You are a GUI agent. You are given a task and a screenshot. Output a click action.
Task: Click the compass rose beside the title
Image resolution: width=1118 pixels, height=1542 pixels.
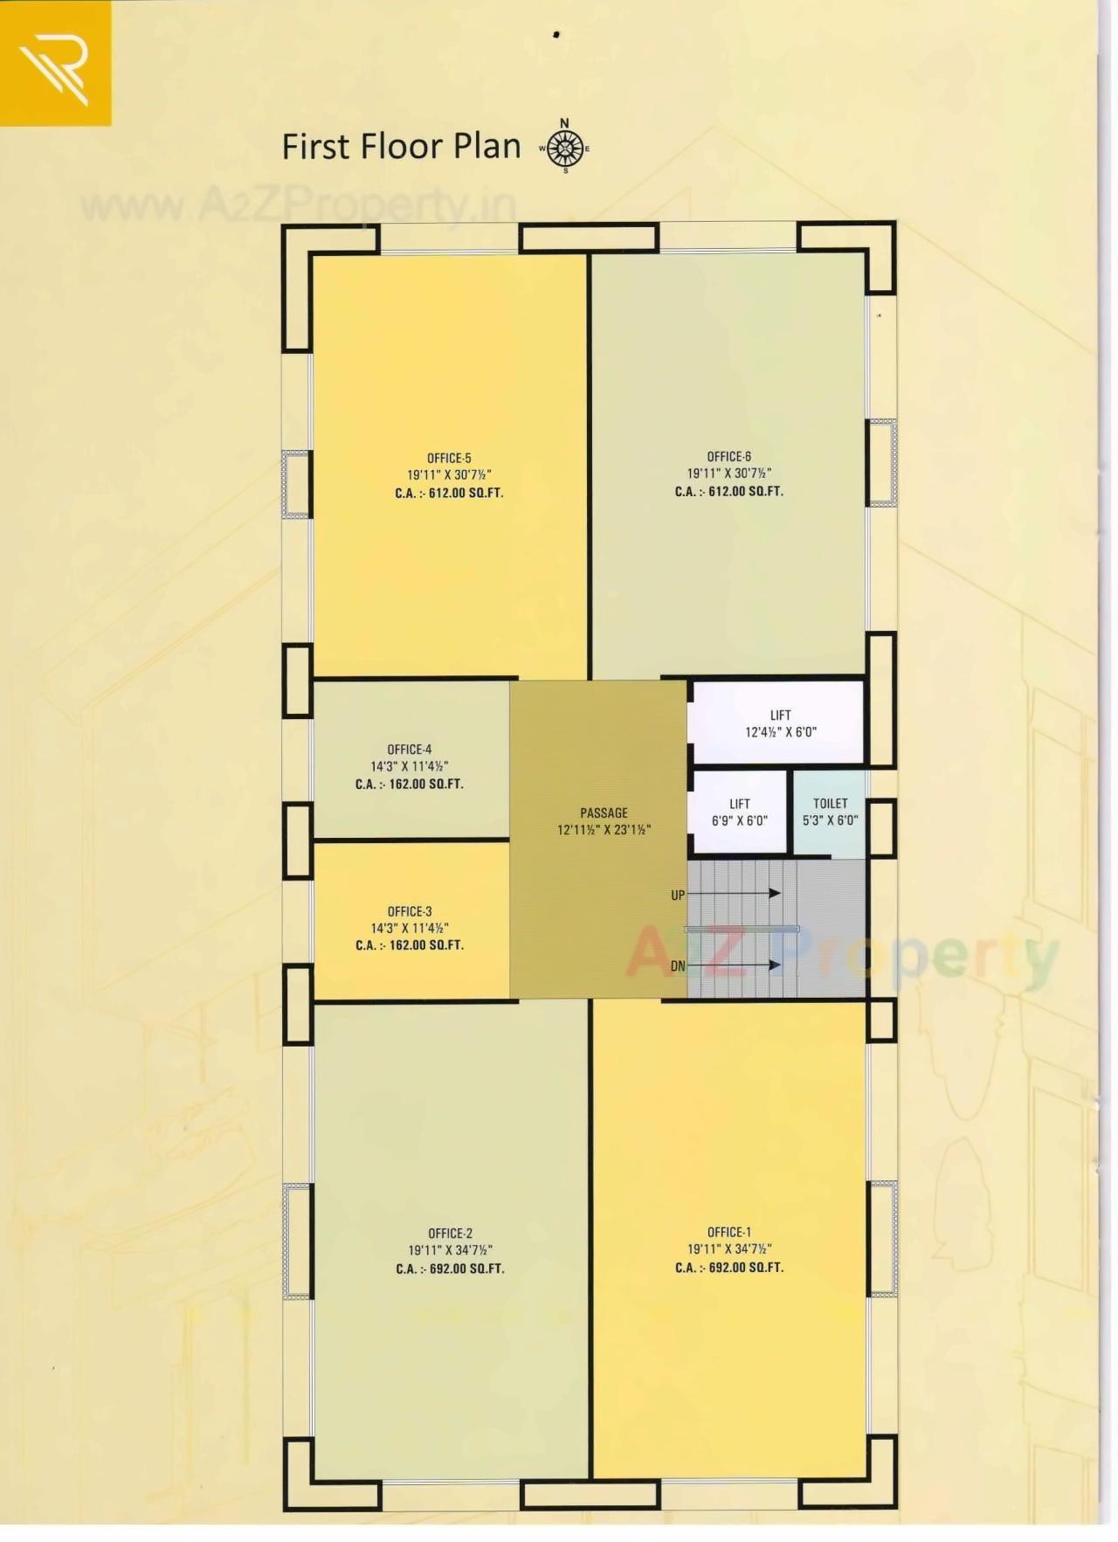565,148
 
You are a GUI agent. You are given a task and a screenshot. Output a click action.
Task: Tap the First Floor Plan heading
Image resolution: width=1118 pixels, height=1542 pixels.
401,146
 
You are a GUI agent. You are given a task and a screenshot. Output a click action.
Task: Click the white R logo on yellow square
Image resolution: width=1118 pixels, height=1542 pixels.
55,62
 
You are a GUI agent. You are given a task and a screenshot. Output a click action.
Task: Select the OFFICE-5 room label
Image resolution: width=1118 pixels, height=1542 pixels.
449,458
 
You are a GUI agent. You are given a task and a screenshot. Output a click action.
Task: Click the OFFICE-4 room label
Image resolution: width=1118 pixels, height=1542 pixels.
409,749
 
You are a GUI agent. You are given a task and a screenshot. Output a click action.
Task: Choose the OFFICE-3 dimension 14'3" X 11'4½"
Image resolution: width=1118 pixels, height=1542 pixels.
410,928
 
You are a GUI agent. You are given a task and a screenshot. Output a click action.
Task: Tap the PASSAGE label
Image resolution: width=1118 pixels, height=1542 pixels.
604,812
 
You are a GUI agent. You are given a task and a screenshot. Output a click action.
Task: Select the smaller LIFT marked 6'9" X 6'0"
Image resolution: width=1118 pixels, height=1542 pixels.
739,812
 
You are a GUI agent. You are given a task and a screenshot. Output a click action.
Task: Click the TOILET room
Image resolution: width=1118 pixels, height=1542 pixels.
830,812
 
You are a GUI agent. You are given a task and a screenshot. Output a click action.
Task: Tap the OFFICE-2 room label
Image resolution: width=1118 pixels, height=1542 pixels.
450,1234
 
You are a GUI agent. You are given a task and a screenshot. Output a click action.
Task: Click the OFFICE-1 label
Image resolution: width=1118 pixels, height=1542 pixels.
728,1232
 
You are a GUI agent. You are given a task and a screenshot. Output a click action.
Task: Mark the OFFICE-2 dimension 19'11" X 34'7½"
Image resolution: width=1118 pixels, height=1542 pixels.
450,1250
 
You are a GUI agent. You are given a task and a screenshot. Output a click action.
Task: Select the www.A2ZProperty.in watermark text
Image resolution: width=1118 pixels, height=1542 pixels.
297,206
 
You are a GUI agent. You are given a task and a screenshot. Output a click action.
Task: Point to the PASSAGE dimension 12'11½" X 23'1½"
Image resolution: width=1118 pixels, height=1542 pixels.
604,830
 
